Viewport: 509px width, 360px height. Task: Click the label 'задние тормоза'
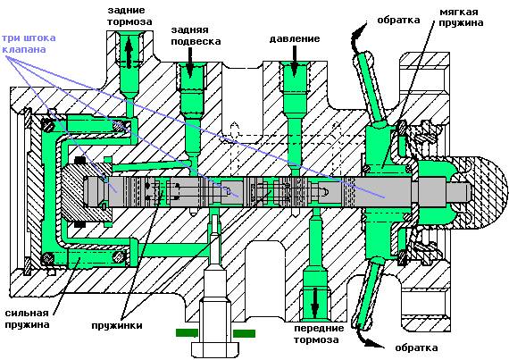(x=129, y=16)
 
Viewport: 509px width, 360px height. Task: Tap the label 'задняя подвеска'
(x=196, y=36)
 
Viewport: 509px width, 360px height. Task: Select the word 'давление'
(x=295, y=39)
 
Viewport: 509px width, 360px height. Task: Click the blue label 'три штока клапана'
(x=29, y=44)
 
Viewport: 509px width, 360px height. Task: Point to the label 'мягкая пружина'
(x=461, y=18)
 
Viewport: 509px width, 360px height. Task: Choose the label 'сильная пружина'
(x=27, y=319)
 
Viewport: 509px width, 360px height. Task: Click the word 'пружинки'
(x=117, y=325)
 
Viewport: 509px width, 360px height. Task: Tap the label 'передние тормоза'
(x=319, y=334)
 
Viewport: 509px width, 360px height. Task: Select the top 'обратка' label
(x=398, y=21)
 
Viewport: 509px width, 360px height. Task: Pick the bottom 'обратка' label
(x=416, y=348)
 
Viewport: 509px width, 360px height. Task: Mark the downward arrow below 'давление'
(x=294, y=62)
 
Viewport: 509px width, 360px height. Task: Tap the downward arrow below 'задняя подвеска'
(x=190, y=62)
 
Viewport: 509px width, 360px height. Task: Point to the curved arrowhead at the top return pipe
(x=360, y=30)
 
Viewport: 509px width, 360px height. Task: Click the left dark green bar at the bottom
(x=187, y=332)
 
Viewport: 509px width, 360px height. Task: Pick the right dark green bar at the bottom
(x=244, y=333)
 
